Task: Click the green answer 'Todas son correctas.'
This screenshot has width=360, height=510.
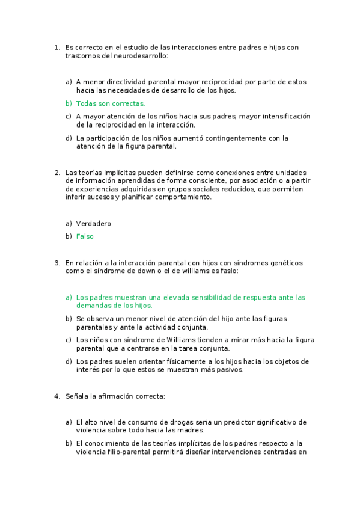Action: (111, 103)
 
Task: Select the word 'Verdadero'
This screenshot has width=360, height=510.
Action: (94, 224)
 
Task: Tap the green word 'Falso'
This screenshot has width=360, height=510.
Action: (85, 236)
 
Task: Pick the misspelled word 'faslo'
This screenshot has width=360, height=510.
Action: (230, 271)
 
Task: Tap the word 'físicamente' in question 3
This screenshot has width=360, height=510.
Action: (184, 361)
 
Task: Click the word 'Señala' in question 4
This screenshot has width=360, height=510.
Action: (76, 396)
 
